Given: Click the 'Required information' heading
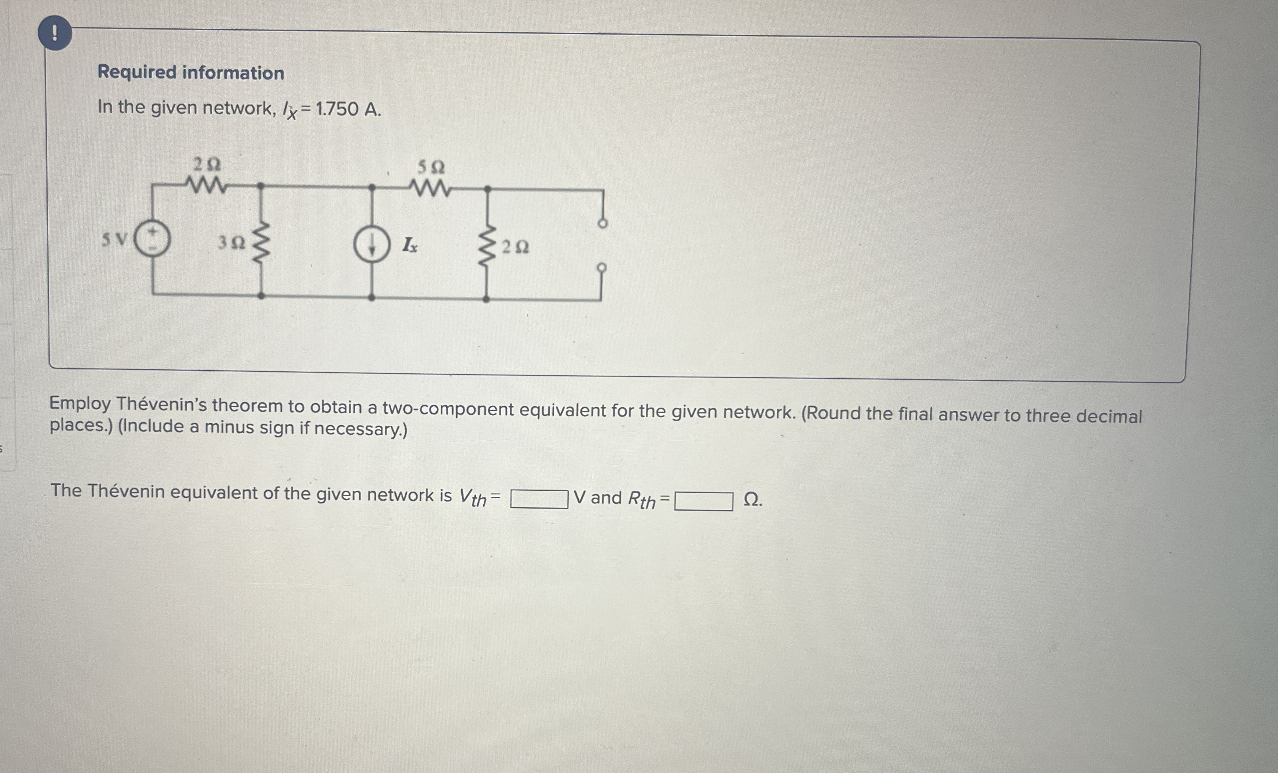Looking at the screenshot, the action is [x=191, y=73].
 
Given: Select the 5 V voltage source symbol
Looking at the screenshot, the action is [x=152, y=239].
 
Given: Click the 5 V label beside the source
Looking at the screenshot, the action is [x=114, y=240].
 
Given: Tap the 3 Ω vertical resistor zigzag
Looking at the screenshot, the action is [x=261, y=240].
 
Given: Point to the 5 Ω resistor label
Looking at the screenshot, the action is [x=431, y=167].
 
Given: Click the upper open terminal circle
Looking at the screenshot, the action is [x=602, y=224].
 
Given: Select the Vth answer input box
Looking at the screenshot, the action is [x=539, y=499].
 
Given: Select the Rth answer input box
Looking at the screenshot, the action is [x=703, y=501].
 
